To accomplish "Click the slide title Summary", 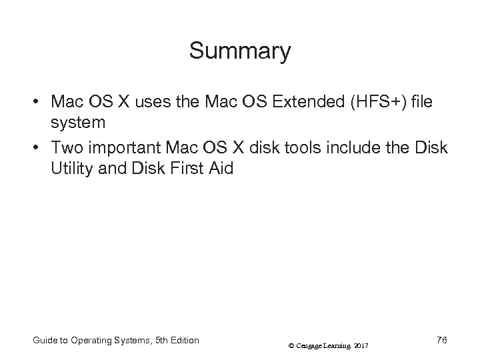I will point(240,51).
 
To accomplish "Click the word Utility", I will point(70,168).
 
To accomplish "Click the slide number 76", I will point(441,340).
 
